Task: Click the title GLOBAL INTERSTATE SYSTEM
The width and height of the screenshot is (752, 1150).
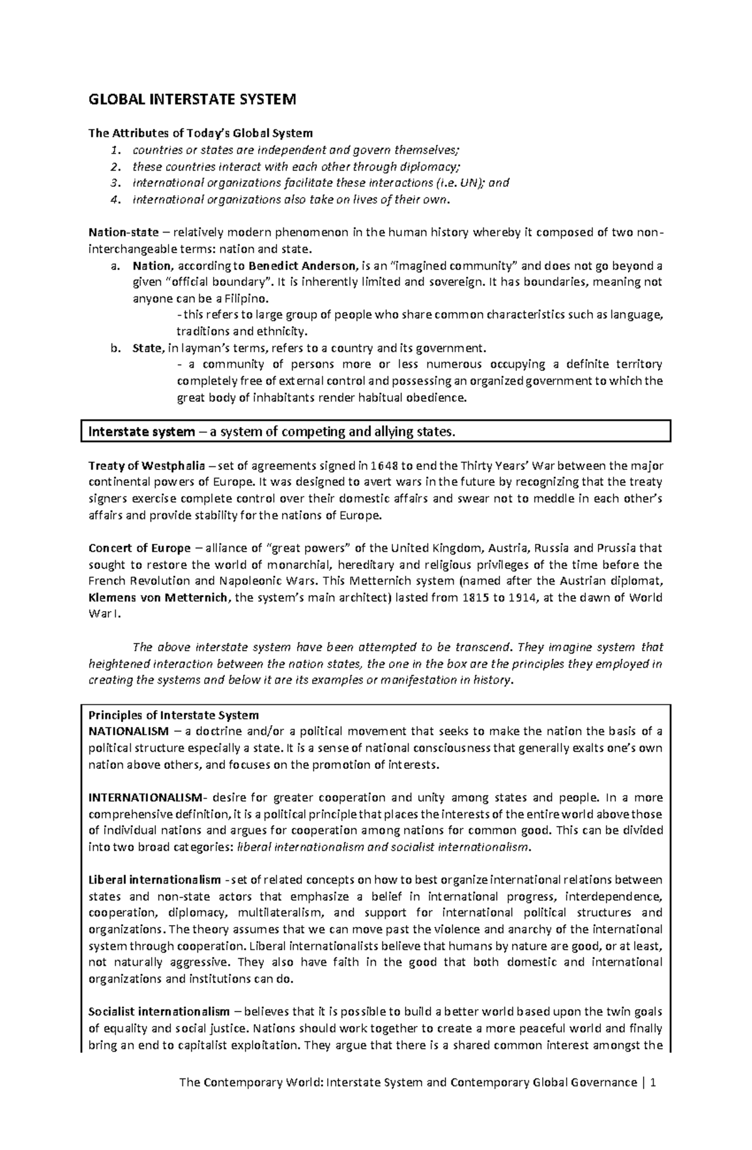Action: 192,100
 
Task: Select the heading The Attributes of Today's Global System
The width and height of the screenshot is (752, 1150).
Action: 200,133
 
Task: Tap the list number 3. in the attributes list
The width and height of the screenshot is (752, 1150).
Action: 113,183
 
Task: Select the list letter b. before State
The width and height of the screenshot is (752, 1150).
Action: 114,348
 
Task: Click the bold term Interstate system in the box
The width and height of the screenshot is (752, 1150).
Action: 142,432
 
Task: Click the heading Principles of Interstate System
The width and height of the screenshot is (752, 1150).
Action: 174,715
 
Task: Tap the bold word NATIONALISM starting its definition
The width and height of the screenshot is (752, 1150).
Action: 128,731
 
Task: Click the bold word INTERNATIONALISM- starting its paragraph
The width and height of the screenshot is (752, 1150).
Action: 146,798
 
